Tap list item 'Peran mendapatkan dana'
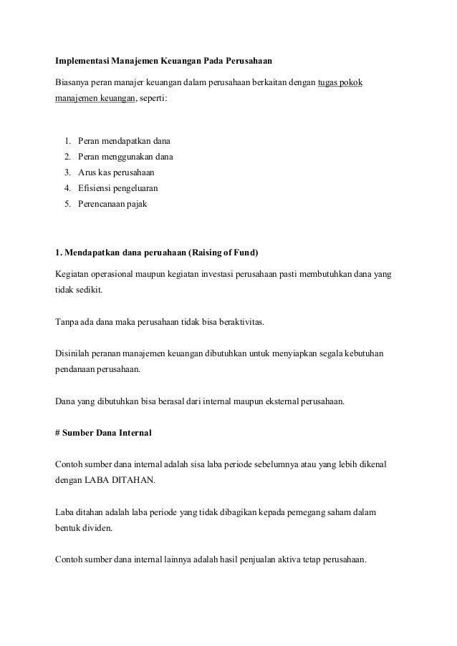pos(119,141)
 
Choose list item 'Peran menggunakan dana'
pos(120,157)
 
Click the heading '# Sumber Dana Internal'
pos(103,433)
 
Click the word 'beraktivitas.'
pos(239,322)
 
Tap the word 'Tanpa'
pos(67,322)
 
